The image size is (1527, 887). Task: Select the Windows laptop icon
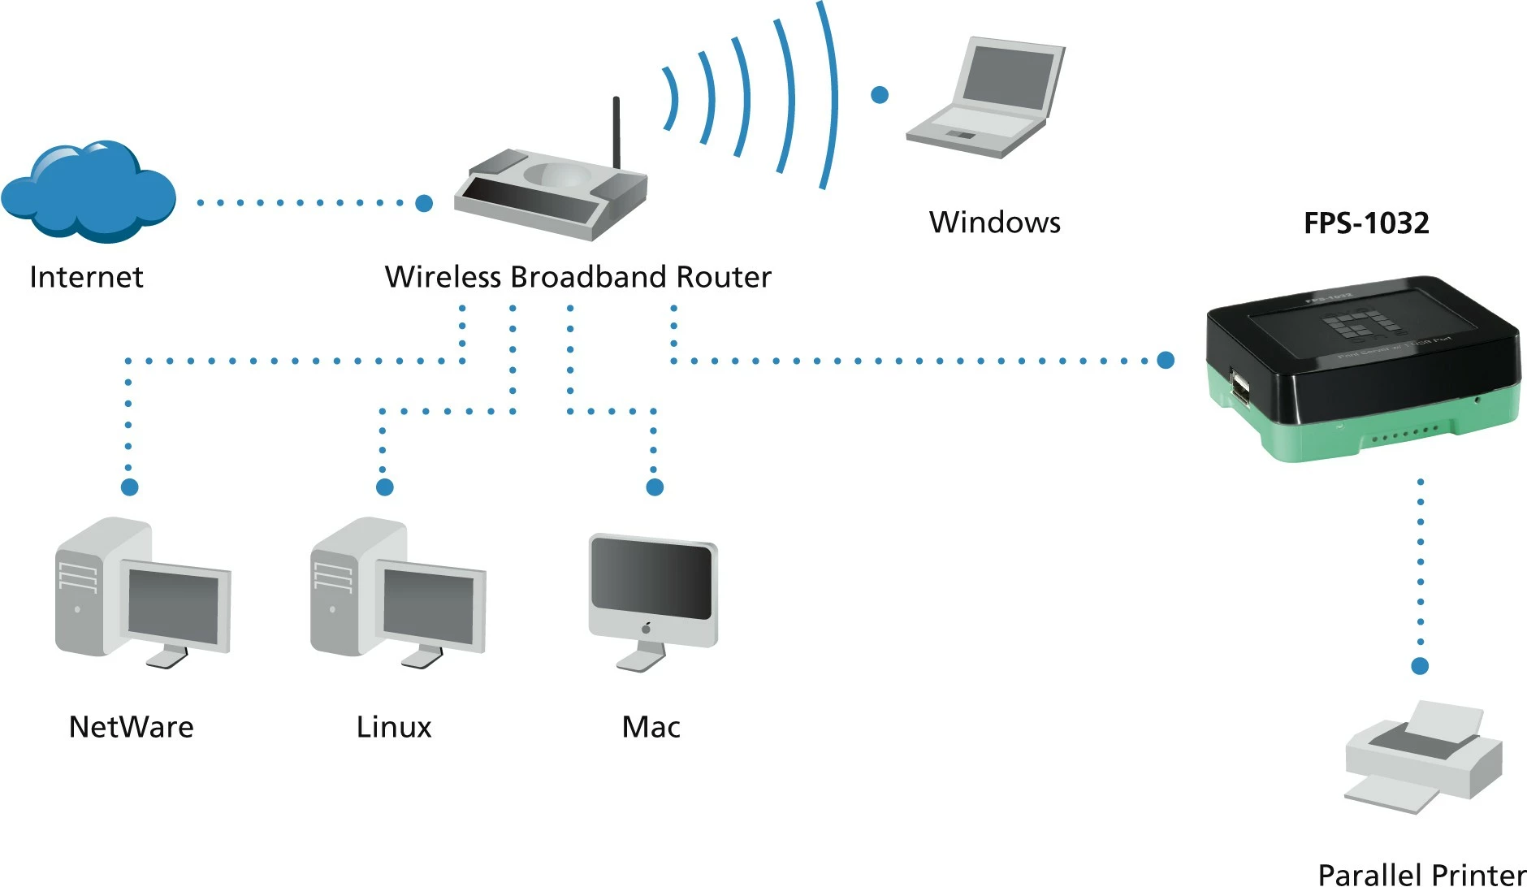987,97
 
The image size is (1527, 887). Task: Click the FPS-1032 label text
1366,223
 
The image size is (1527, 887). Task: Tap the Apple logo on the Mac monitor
647,628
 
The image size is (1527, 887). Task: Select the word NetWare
132,727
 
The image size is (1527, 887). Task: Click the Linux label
394,727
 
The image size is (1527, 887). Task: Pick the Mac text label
651,727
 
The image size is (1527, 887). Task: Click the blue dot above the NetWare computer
129,487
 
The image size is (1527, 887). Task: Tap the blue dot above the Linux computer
385,487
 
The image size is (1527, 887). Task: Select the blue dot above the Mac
655,487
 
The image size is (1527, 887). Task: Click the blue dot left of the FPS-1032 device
1166,360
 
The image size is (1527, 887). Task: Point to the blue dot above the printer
1420,666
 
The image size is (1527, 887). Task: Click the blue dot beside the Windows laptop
879,95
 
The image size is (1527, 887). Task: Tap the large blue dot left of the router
424,203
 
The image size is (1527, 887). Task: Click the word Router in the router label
723,277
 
